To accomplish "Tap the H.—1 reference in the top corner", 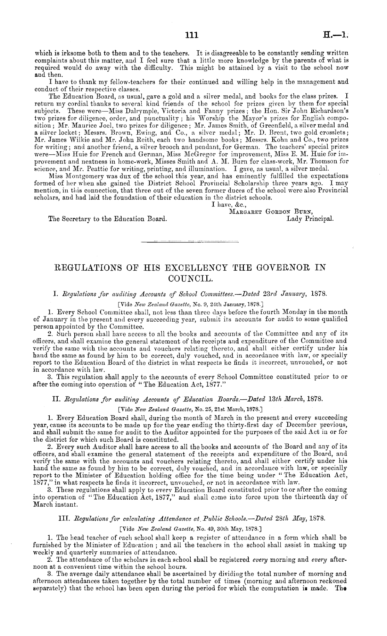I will (336, 35).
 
